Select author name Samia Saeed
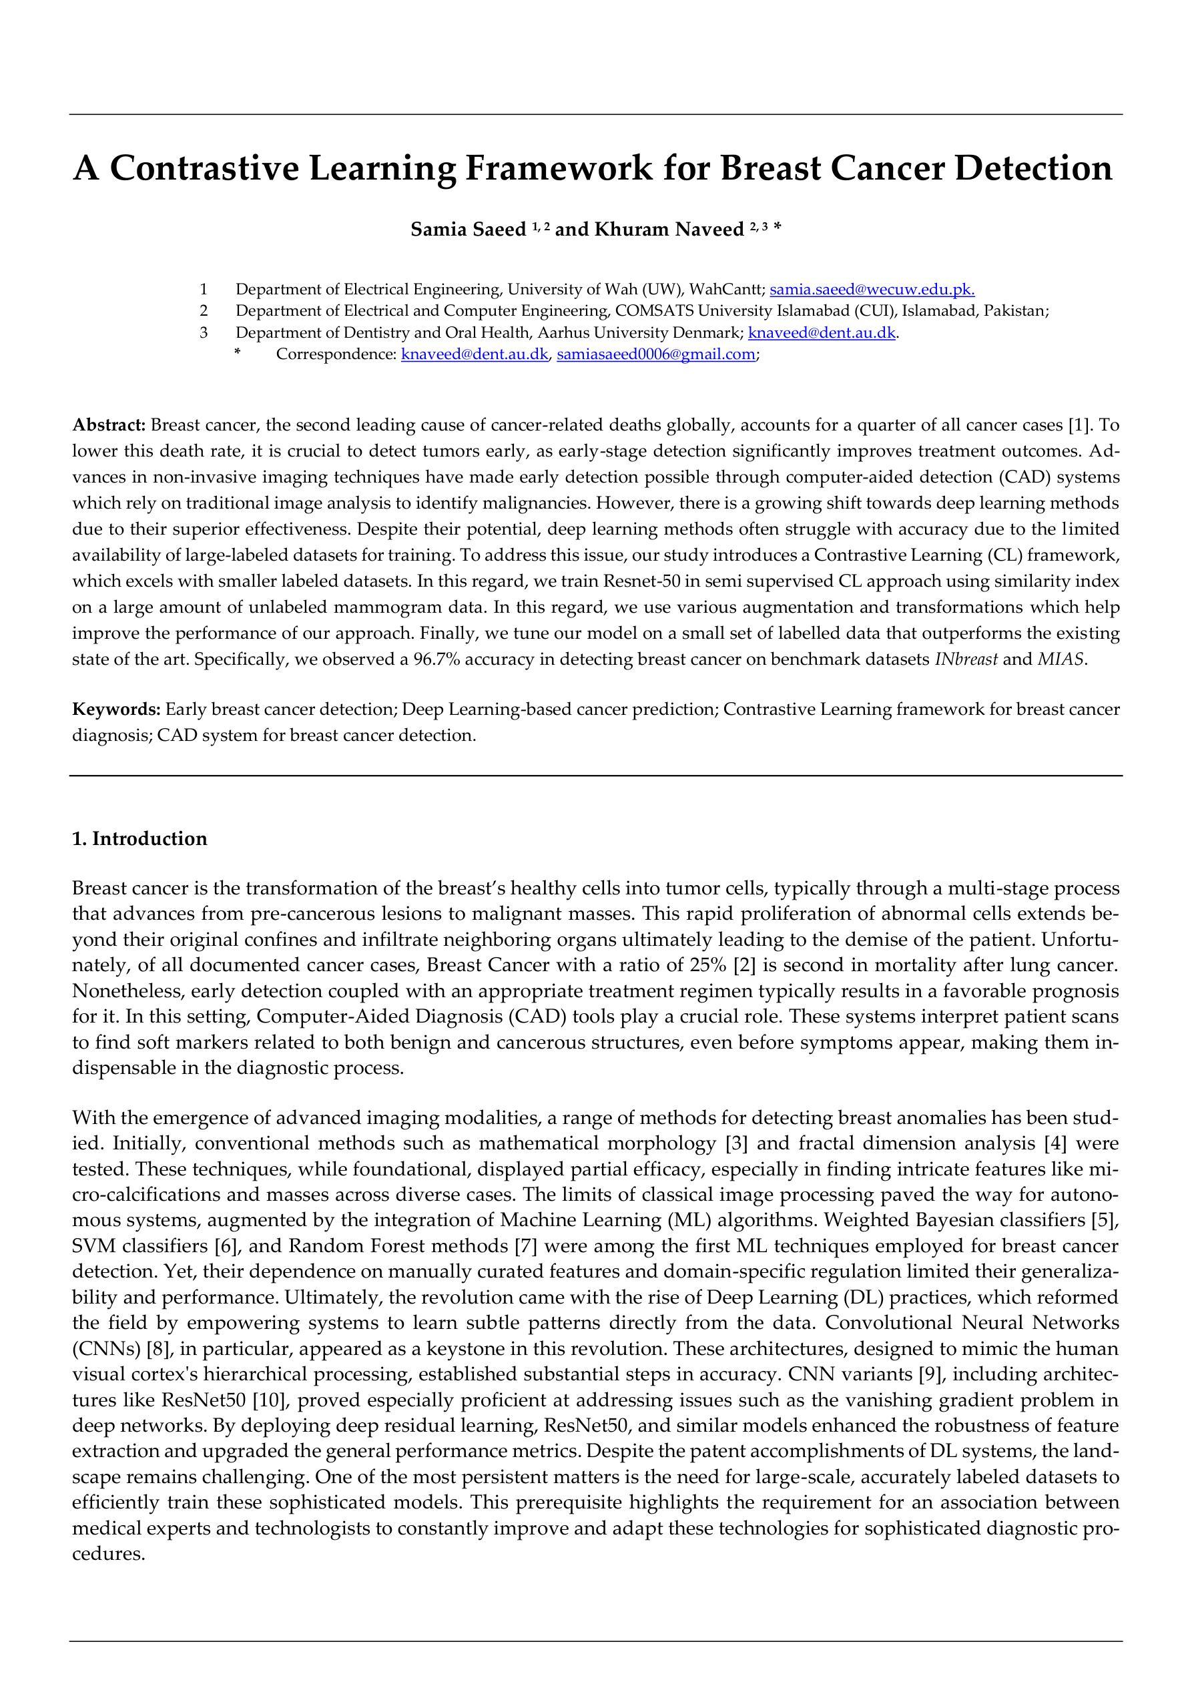[x=468, y=230]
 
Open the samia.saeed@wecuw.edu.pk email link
[x=872, y=288]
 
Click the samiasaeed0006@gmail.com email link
[x=656, y=354]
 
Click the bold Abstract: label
[x=109, y=425]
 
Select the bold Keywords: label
[x=116, y=710]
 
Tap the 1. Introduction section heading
[x=139, y=838]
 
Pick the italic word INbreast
[x=966, y=659]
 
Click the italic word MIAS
[x=1061, y=659]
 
